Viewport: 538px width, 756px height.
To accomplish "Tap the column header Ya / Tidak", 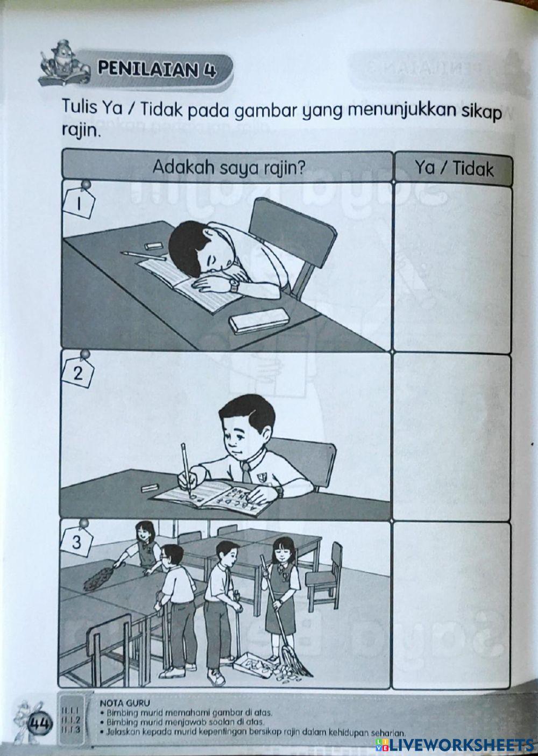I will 453,169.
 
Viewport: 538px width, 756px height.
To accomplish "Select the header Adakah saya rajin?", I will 229,167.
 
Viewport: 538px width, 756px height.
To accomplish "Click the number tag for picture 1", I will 79,204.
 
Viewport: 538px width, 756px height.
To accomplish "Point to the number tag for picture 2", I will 79,373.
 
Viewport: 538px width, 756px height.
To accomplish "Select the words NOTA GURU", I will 120,702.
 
